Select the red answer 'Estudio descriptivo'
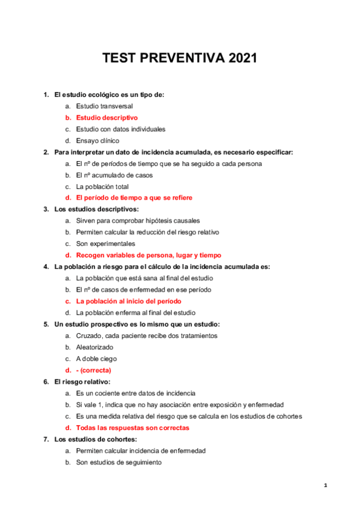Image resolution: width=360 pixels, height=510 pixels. pos(106,117)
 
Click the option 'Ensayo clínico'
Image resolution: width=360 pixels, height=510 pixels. pos(98,140)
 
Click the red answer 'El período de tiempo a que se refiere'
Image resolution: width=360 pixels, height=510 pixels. pos(134,198)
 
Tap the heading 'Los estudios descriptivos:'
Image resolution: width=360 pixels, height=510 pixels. pos(96,209)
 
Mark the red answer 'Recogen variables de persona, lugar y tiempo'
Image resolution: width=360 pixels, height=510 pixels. pos(148,255)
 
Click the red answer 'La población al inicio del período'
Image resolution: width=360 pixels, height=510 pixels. pos(129,301)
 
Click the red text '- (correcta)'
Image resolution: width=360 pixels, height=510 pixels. pos(93,370)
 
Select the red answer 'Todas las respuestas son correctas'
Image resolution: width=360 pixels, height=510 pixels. pos(132,428)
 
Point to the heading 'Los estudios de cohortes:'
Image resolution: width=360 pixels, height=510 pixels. pos(96,439)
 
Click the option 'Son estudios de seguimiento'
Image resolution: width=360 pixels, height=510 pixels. pos(118,462)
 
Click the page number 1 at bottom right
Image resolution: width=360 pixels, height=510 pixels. pos(325,485)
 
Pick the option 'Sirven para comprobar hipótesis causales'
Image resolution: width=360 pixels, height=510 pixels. pos(138,221)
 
